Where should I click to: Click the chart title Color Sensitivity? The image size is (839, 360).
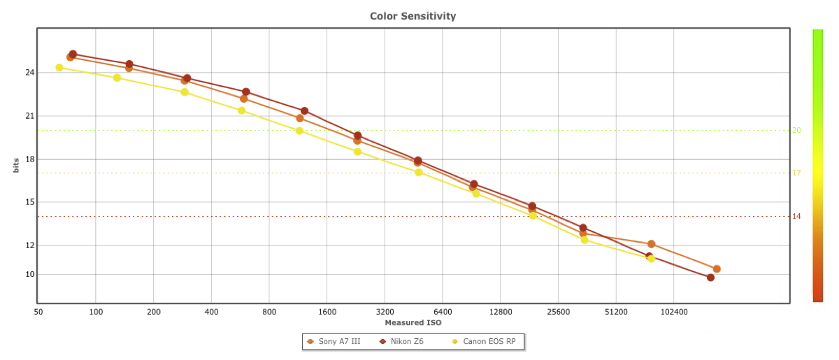click(413, 15)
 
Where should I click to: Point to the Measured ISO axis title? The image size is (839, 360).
click(413, 323)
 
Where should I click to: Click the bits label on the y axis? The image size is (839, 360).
click(15, 166)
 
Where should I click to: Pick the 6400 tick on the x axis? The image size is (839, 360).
click(443, 312)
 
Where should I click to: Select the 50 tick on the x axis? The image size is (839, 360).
click(38, 312)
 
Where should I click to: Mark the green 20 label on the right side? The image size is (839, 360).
click(796, 130)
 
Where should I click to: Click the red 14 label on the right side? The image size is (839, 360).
click(796, 217)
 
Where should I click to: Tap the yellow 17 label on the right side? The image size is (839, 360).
click(796, 173)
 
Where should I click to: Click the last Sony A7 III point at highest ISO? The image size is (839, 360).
click(717, 269)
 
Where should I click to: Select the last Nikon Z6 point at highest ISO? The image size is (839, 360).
click(710, 278)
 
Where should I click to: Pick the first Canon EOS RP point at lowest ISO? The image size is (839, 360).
click(59, 68)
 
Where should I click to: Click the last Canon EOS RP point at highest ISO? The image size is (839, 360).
click(651, 259)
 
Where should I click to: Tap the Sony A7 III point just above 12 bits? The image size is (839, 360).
click(651, 244)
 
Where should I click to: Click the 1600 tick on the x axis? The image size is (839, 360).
click(327, 312)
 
